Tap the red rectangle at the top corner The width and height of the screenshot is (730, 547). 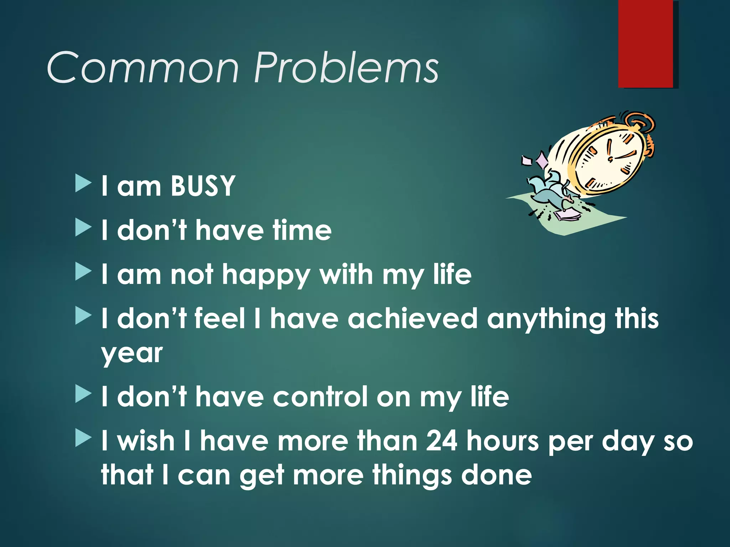coord(646,43)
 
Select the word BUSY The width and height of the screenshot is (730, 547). coord(203,186)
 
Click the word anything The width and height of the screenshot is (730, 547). coord(546,319)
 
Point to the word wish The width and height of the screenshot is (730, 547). coord(146,441)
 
